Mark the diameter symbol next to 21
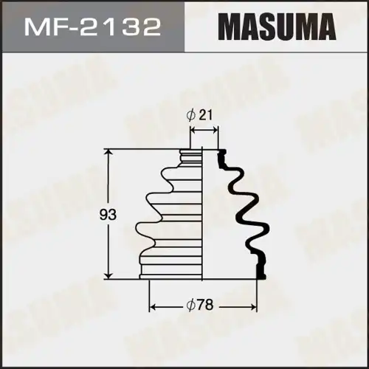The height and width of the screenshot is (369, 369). coord(191,115)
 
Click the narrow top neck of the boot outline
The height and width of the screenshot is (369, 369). coord(192,156)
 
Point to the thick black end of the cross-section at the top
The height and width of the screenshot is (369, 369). coord(221,154)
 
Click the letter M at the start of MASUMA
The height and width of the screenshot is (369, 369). coord(227,28)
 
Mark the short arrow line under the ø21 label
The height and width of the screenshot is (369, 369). coord(204,129)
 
